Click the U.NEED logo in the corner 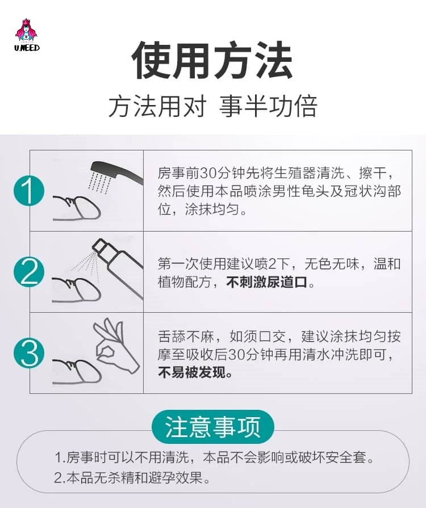27,35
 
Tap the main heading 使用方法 212,60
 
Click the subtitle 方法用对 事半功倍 212,106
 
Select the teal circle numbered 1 29,191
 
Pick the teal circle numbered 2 29,271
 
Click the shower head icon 116,172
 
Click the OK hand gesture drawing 116,345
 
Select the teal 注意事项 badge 212,427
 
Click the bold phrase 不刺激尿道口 266,282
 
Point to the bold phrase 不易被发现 195,372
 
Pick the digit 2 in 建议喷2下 272,264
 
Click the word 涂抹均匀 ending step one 212,209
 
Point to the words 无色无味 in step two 331,264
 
